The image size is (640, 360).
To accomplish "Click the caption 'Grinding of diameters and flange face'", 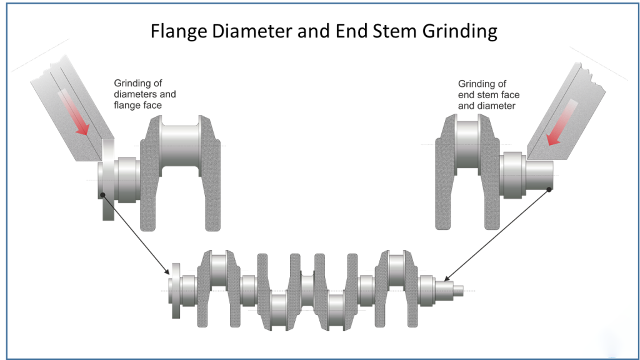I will [144, 94].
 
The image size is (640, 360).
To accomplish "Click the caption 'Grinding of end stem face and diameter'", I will [489, 94].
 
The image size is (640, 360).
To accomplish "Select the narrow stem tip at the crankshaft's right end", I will [458, 289].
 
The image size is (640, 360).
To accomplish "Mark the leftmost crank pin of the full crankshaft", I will [219, 269].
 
